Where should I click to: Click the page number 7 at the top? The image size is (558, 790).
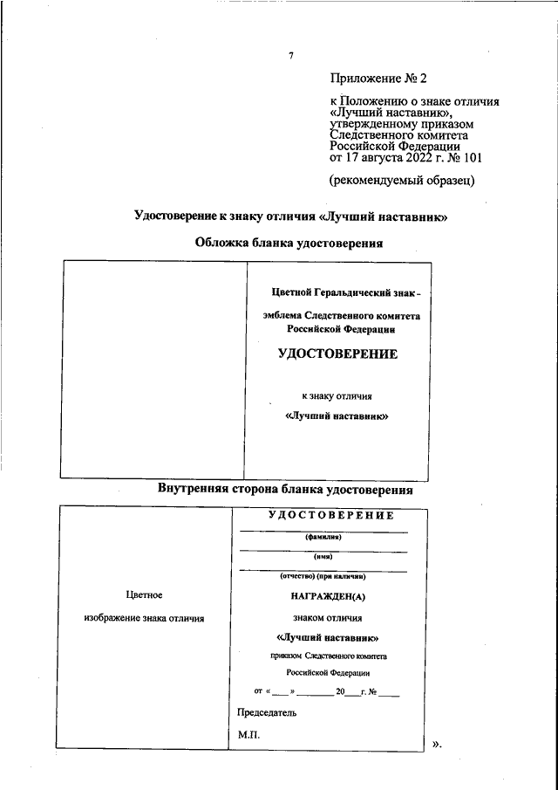(290, 57)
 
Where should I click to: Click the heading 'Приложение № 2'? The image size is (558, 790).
(378, 79)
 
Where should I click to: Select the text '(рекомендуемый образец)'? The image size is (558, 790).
(401, 181)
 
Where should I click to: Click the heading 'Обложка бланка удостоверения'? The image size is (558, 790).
(289, 244)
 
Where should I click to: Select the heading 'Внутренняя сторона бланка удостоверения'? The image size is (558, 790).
(285, 491)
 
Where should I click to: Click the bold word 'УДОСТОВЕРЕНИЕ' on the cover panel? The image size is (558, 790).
(337, 354)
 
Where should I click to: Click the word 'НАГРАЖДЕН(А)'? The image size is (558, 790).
(323, 597)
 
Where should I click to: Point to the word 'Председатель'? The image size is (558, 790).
(267, 712)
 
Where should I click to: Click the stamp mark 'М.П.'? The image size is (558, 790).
(248, 735)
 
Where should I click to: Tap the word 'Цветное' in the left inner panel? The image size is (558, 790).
(145, 595)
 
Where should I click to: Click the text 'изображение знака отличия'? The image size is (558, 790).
(144, 618)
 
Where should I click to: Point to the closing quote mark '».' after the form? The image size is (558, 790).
(438, 745)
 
